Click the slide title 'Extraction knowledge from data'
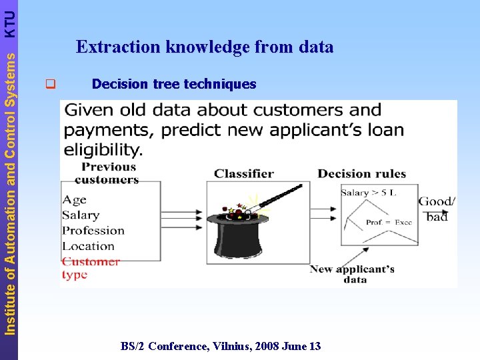[x=205, y=47]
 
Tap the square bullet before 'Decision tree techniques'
[x=49, y=85]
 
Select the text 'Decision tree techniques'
[x=173, y=84]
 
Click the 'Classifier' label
[x=244, y=174]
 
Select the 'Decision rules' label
[x=361, y=174]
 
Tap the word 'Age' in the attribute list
[x=74, y=199]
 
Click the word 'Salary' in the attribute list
[x=81, y=215]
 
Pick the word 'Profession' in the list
[x=93, y=231]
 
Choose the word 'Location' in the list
[x=88, y=246]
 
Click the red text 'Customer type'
[x=90, y=267]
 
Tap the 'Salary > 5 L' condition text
[x=369, y=193]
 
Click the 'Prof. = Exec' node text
[x=389, y=222]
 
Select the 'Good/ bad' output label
[x=437, y=209]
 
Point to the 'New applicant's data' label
[x=352, y=274]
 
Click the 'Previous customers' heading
[x=107, y=173]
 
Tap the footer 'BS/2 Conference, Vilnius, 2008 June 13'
[x=221, y=346]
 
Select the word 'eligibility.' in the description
[x=103, y=149]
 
